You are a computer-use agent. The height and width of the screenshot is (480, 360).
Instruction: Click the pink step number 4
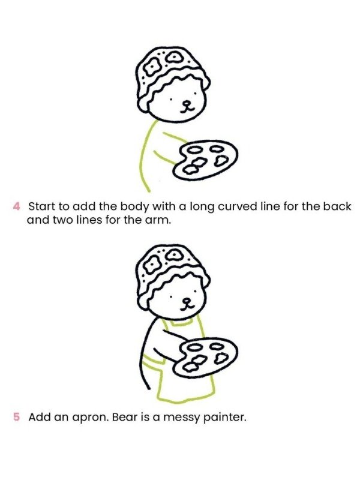point(17,206)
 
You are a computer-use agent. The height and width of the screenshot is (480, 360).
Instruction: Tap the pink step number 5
point(17,417)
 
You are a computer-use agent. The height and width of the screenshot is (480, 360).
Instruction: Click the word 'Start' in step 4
point(41,206)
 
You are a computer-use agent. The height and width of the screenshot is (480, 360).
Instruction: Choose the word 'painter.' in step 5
point(227,418)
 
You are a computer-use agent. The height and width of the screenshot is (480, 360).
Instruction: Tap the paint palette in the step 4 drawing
point(205,160)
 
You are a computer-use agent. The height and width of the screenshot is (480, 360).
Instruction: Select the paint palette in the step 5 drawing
point(205,358)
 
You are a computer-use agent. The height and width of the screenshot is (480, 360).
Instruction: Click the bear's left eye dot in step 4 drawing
point(172,98)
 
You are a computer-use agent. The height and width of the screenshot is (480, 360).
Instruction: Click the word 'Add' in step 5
point(40,417)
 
